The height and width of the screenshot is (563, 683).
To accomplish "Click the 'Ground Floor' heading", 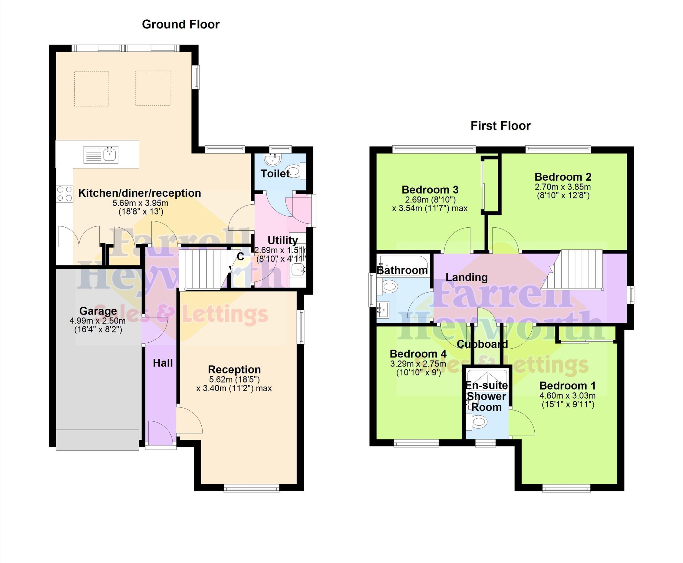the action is [x=181, y=24].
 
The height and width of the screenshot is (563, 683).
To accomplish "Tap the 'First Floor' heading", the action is [x=500, y=126].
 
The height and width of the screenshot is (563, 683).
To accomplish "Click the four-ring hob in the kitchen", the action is [x=64, y=194].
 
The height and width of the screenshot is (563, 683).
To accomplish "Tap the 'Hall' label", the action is [x=163, y=363].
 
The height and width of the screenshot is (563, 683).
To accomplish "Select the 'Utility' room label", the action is [x=282, y=240].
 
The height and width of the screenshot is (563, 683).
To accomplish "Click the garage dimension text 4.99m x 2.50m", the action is [x=97, y=321].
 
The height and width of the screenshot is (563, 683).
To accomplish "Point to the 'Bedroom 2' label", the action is [x=563, y=177].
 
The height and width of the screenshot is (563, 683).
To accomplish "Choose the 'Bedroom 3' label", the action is [x=430, y=189].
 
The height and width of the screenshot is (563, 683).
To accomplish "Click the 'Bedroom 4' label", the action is [x=418, y=354].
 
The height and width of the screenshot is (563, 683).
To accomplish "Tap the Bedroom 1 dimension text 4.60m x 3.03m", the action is [x=568, y=396].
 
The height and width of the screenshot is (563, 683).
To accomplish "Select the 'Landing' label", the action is [x=466, y=277].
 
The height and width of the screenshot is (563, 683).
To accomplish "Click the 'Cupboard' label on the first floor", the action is [x=482, y=344].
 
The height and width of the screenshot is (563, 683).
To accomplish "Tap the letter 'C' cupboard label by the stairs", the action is [x=240, y=257].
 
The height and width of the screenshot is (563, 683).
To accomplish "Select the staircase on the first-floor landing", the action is [x=572, y=270].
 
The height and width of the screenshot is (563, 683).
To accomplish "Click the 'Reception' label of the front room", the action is [x=234, y=369].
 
